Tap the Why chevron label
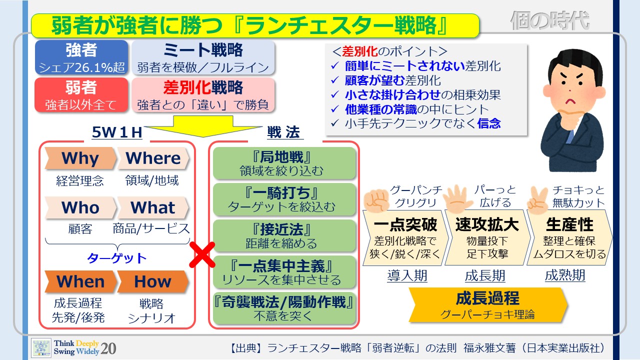point(80,158)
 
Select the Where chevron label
point(153,158)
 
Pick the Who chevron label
point(80,207)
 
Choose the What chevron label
point(153,207)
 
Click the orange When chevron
point(80,281)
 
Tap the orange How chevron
point(153,281)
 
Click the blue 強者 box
point(81,57)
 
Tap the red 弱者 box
point(81,95)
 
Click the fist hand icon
point(377,199)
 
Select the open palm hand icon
point(455,198)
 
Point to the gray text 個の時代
point(549,21)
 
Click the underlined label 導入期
point(407,275)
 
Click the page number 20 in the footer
point(108,348)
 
